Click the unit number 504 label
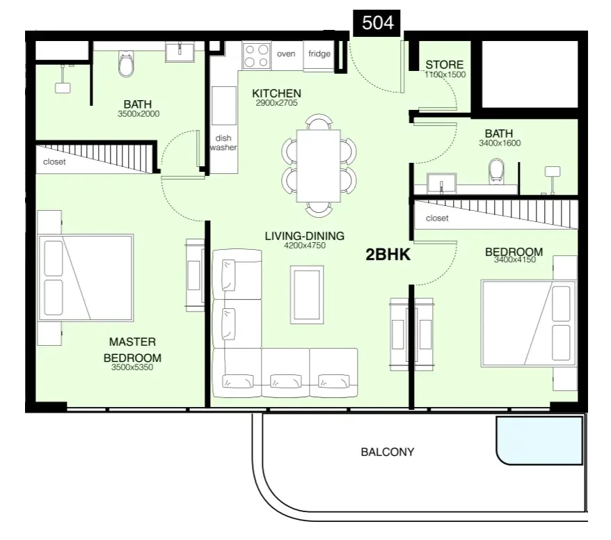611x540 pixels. coord(377,22)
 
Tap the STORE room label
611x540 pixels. coord(444,65)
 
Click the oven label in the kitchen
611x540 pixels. coord(286,54)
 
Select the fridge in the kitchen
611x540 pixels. coord(319,56)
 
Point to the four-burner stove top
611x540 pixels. coord(257,56)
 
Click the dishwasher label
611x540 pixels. coord(223,143)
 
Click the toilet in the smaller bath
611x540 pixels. coord(496,170)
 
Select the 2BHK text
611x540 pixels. coord(388,255)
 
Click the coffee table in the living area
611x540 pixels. coord(307,294)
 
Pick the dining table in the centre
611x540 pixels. coord(318,166)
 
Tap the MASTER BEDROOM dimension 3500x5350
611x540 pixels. coord(132,367)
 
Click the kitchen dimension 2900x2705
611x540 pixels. coord(277,103)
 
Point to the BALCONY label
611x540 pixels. coord(388,452)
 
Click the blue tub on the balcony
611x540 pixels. coord(540,440)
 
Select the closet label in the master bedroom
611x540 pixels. coord(54,161)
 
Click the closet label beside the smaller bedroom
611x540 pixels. coord(437,219)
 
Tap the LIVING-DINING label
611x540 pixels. coord(305,236)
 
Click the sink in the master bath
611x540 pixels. coord(180,52)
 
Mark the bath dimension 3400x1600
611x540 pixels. coord(500,143)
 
